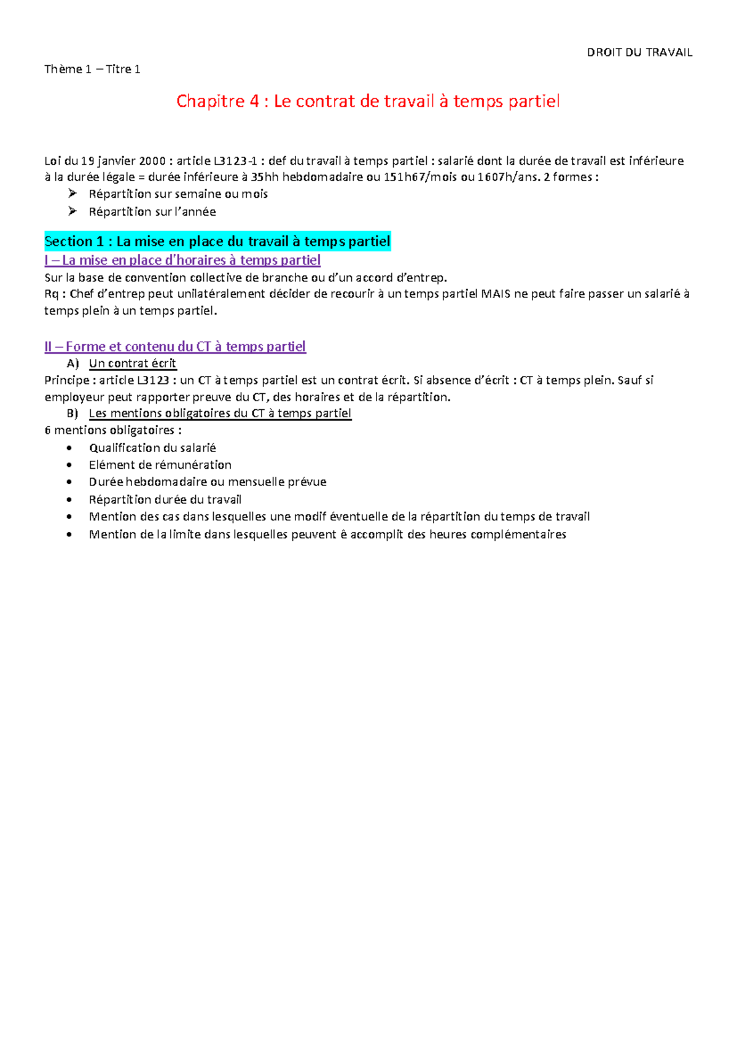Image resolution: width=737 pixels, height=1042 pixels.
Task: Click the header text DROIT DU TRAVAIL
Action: (x=639, y=52)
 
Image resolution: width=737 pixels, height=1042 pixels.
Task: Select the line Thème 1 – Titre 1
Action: (x=92, y=69)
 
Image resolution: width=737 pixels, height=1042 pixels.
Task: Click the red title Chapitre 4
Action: (x=367, y=101)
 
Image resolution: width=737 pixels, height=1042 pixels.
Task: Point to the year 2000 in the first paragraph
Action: (x=152, y=161)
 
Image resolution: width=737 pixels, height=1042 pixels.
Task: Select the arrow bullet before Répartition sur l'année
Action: (x=72, y=211)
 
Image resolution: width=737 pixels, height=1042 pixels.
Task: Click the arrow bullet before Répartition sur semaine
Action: (x=72, y=194)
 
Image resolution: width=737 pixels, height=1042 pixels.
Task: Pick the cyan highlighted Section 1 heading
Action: (x=217, y=241)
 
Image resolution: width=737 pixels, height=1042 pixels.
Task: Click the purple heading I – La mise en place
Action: (x=182, y=260)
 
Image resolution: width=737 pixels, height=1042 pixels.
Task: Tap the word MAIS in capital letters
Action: (x=496, y=294)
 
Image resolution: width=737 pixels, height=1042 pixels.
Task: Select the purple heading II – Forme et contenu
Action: (x=175, y=347)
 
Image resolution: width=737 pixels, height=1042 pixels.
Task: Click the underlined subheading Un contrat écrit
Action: (x=132, y=363)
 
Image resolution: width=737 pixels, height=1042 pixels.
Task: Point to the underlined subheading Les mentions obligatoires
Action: (x=220, y=413)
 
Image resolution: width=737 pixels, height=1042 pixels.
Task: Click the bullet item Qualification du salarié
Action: (x=152, y=448)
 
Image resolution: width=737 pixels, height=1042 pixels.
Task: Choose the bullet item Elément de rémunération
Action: (x=160, y=465)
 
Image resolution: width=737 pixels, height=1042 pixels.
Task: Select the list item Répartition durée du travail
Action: (x=165, y=499)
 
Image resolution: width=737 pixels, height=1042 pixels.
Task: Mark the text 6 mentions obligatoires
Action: (x=113, y=430)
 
